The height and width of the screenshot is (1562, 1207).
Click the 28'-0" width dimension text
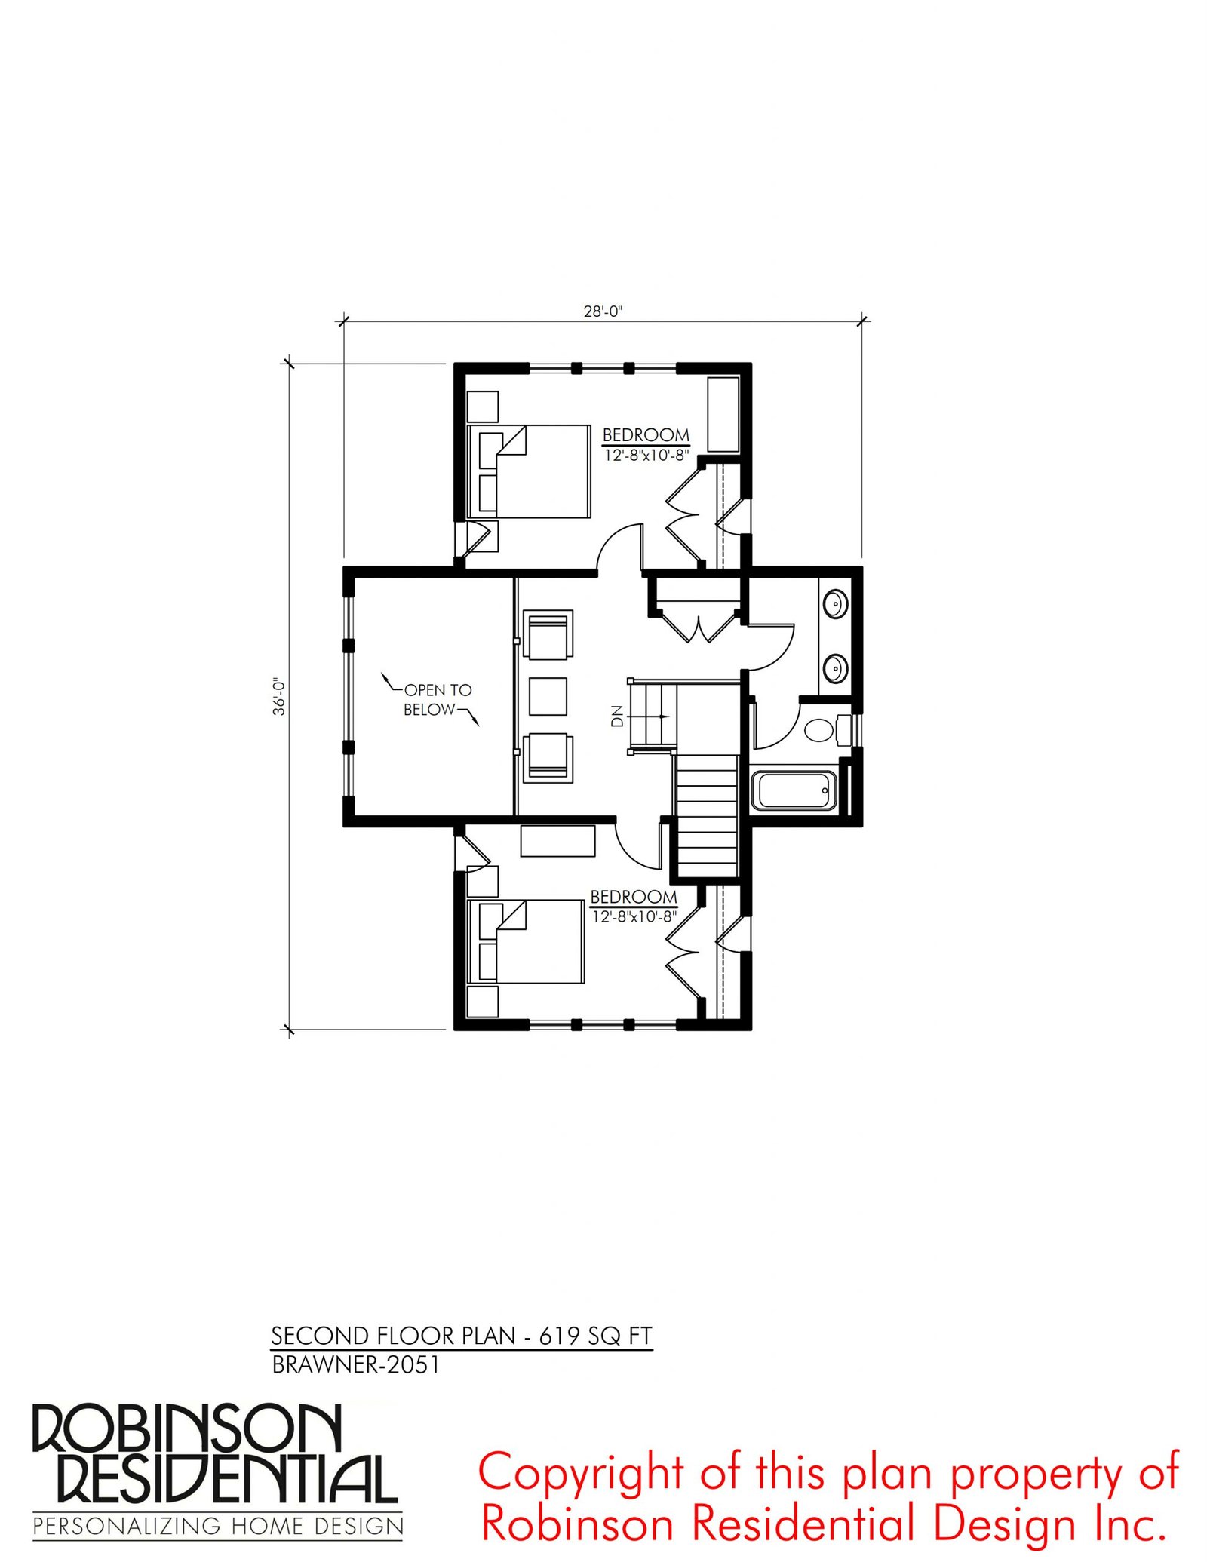[x=603, y=311]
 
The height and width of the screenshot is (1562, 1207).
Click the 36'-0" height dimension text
[x=280, y=695]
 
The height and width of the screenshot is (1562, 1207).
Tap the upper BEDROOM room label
[x=646, y=435]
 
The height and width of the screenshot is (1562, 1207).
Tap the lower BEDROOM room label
[x=634, y=897]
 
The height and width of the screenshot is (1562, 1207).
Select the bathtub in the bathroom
[x=794, y=790]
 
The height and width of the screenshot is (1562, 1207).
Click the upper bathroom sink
[x=835, y=604]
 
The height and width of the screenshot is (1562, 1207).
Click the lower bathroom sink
[x=835, y=668]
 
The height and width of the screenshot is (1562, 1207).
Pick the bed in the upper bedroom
[x=528, y=471]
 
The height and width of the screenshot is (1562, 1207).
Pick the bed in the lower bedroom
[x=526, y=941]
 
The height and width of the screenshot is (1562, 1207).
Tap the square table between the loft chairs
[x=548, y=696]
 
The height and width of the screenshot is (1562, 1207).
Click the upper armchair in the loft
[x=548, y=635]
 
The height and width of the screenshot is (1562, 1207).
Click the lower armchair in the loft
[x=548, y=756]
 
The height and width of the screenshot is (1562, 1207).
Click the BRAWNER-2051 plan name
[x=355, y=1364]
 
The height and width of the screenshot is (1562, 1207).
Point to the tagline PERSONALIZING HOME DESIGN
[x=218, y=1527]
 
